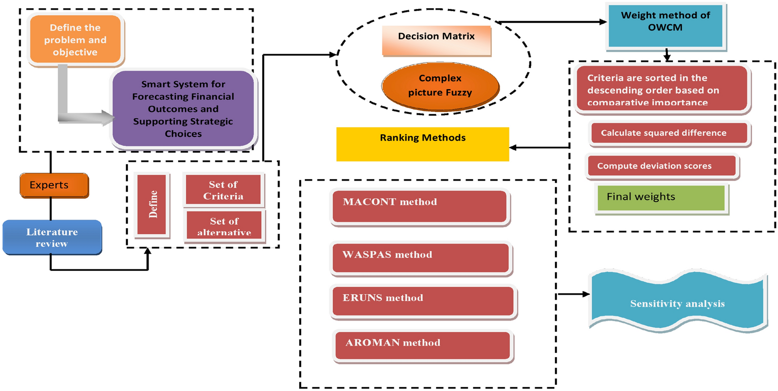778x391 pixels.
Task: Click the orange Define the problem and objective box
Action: [75, 40]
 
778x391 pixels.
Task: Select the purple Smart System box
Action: [183, 109]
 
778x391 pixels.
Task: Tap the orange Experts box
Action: [54, 185]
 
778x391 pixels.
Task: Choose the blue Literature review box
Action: [52, 237]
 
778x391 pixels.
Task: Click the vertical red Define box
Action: [152, 204]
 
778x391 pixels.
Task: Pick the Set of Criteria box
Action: [223, 190]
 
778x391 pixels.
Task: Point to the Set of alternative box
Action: [224, 226]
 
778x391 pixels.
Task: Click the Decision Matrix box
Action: [436, 37]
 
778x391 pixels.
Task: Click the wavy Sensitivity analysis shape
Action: [677, 303]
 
